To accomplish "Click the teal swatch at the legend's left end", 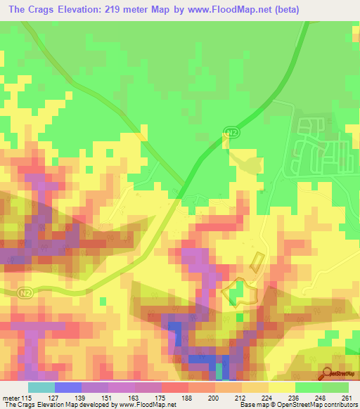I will [x=41, y=387].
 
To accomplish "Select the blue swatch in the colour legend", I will [x=67, y=387].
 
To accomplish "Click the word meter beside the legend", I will [x=12, y=398].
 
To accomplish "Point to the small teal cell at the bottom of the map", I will [x=218, y=370].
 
